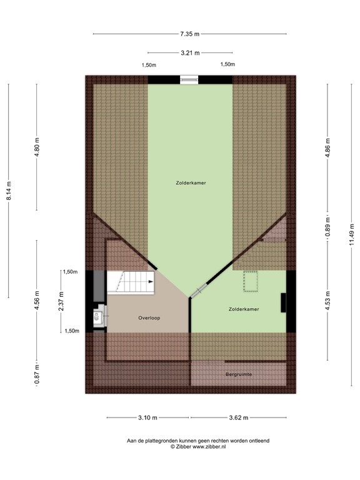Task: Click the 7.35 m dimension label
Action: click(190, 34)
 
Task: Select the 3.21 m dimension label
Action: click(190, 53)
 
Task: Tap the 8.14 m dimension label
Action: click(9, 191)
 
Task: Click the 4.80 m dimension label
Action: click(37, 147)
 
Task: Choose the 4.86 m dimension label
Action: click(328, 148)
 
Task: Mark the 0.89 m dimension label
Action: click(328, 226)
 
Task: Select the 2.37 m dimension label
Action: click(61, 301)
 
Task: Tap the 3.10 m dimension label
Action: click(148, 417)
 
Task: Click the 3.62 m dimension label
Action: click(239, 417)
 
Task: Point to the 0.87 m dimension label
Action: click(37, 374)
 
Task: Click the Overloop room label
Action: click(149, 318)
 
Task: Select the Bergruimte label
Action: click(239, 374)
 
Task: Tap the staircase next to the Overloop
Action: click(131, 282)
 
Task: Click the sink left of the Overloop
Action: click(97, 317)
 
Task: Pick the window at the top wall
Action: click(189, 79)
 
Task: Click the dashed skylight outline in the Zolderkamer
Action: click(251, 281)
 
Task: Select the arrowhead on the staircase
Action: click(151, 282)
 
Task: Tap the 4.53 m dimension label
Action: click(328, 300)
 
